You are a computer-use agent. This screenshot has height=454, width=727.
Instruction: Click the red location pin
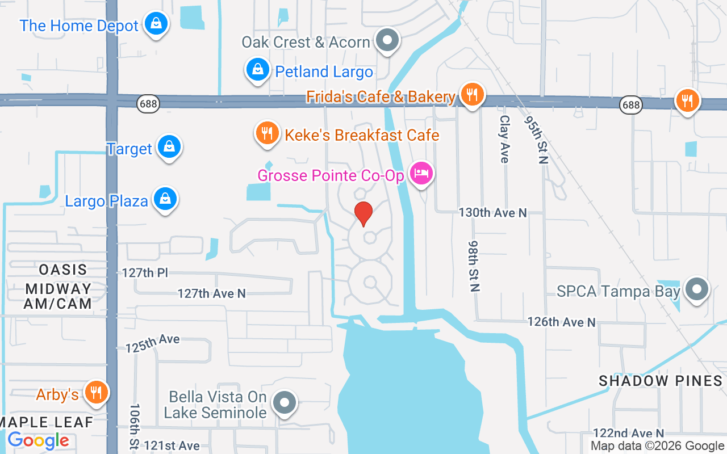tap(363, 214)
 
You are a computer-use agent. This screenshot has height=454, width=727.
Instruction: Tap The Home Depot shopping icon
tap(155, 24)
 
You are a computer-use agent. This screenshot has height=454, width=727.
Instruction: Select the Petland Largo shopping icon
tap(258, 70)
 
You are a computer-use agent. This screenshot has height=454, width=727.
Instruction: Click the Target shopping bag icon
tap(169, 147)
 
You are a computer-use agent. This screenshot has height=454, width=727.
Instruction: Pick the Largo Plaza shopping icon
tap(165, 199)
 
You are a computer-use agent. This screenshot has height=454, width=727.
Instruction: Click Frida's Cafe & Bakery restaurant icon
tap(471, 94)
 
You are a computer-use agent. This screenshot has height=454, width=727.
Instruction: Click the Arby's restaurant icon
tap(96, 393)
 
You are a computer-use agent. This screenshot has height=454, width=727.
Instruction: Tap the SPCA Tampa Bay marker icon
tap(697, 290)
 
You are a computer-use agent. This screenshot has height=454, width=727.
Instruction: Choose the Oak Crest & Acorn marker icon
tap(388, 41)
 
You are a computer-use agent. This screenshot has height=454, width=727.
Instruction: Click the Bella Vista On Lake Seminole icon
tap(285, 403)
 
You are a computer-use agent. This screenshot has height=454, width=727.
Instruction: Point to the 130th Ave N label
tap(492, 213)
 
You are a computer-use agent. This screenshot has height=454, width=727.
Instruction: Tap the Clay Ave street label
tap(504, 139)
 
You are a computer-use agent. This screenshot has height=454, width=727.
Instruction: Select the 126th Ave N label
tap(561, 322)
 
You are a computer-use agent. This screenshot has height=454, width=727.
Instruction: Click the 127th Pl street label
tap(145, 273)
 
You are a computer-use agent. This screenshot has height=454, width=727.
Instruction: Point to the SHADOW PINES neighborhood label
tap(661, 381)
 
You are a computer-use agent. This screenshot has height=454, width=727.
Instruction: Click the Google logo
tap(38, 440)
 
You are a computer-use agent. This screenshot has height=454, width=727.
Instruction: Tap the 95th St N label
tap(535, 140)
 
